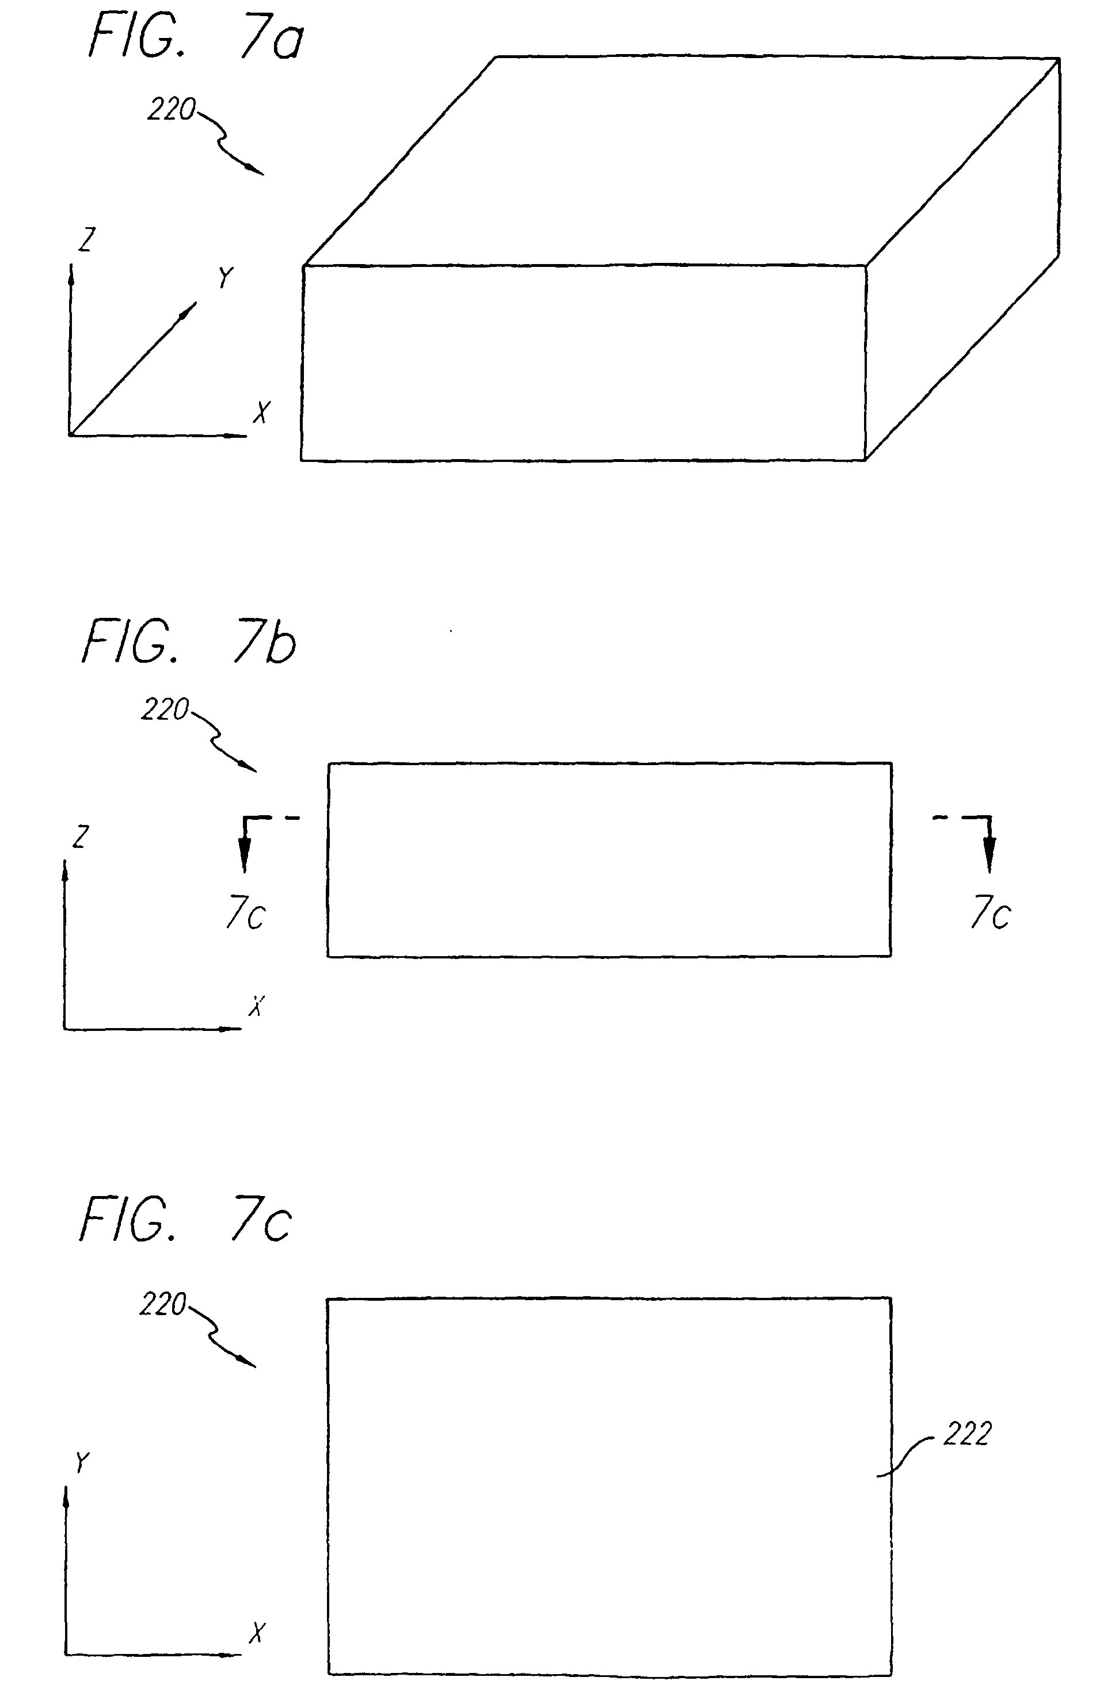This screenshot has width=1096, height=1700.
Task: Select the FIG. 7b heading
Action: click(189, 641)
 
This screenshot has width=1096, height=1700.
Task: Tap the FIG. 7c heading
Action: click(186, 1219)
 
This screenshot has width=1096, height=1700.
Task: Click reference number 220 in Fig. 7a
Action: click(171, 109)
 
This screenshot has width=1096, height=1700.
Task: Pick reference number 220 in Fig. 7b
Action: click(165, 710)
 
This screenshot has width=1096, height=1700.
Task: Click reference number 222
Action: click(967, 1434)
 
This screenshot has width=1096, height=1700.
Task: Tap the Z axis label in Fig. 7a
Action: click(86, 240)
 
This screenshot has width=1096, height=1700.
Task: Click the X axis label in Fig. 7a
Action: click(262, 412)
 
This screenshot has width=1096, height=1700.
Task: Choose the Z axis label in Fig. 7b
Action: click(81, 836)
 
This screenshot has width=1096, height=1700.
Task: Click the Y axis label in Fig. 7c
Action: click(82, 1462)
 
